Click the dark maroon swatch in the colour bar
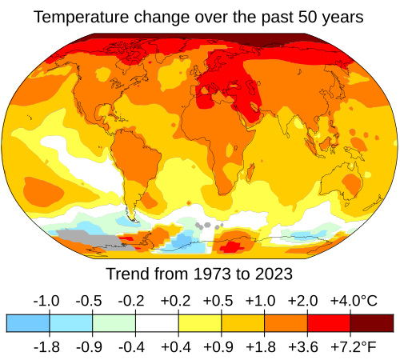click(372, 322)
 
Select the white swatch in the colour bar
click(157, 322)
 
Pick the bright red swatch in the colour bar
click(329, 322)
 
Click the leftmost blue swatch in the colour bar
click(28, 322)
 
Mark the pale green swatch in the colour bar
click(114, 322)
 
